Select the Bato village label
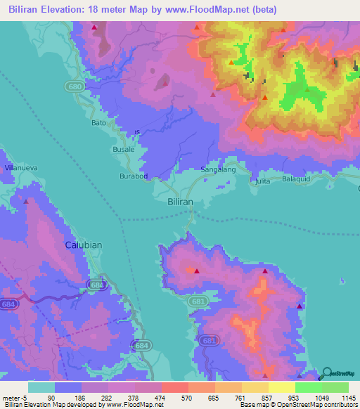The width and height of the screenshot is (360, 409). point(99,123)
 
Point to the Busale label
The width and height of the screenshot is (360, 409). point(124,150)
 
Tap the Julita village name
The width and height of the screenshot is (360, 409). point(262,181)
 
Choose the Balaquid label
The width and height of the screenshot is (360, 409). point(296,179)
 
